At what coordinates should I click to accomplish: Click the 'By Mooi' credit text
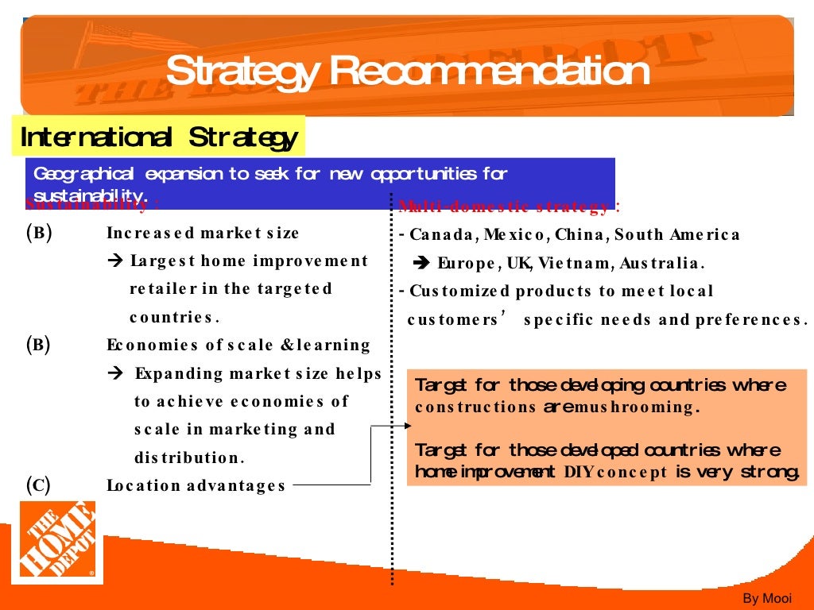click(767, 598)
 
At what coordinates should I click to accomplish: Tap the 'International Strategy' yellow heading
click(158, 137)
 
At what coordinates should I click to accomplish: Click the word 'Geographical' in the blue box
click(77, 173)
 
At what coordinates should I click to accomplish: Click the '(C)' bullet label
click(38, 485)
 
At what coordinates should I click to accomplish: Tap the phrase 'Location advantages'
click(196, 485)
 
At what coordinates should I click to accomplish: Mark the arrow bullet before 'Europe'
click(422, 263)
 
